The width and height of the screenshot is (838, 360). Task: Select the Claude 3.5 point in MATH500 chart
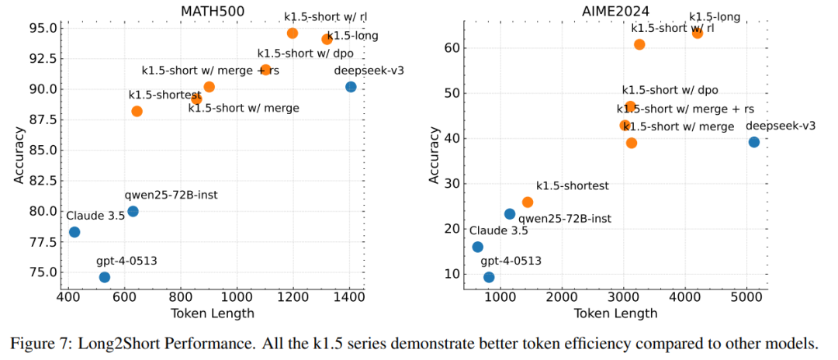coord(74,232)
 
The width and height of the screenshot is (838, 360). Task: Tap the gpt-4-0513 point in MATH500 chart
coord(105,277)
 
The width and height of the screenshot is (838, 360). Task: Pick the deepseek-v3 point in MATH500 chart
coord(351,87)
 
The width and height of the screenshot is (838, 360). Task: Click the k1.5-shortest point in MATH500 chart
coord(137,111)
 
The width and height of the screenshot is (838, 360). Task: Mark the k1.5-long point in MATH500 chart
coord(327,40)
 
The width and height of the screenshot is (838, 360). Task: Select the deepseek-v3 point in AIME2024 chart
coord(753,142)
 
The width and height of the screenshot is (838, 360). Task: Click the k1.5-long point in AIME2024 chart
coord(698,33)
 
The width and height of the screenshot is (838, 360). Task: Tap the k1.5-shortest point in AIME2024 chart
coord(528,202)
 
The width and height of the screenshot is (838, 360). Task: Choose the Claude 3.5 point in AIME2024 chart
coord(478,247)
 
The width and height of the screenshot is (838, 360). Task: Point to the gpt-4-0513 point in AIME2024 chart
coord(489,277)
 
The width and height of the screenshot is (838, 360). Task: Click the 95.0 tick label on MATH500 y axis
coord(43,29)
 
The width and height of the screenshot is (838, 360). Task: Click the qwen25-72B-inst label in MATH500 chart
coord(171,195)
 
